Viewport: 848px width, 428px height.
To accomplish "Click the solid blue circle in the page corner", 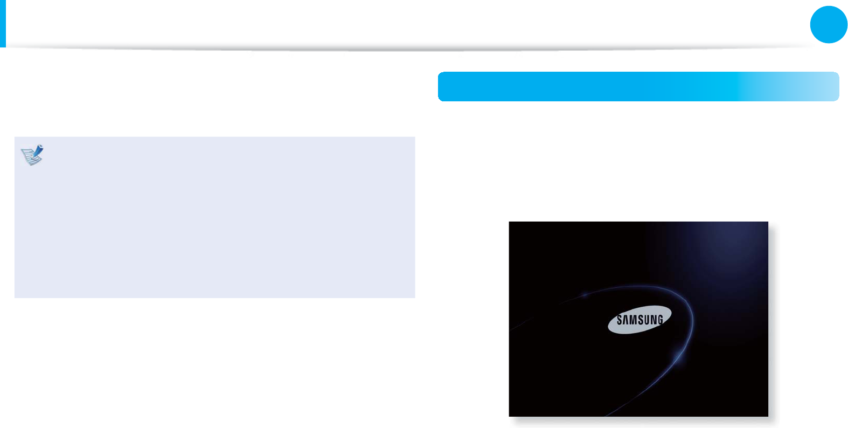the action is point(829,24).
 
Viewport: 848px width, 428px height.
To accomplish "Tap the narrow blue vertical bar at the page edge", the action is point(3,23).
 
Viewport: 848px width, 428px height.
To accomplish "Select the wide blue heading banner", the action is point(593,86).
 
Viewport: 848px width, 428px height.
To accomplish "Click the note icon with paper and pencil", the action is point(32,155).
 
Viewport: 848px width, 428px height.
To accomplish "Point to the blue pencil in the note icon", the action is point(37,151).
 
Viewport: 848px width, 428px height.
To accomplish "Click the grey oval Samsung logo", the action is point(640,320).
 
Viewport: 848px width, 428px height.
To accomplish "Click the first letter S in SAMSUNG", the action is point(620,320).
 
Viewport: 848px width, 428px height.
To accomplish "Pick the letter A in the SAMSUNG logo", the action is point(625,320).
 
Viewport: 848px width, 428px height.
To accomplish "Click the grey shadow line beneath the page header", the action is point(409,49).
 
